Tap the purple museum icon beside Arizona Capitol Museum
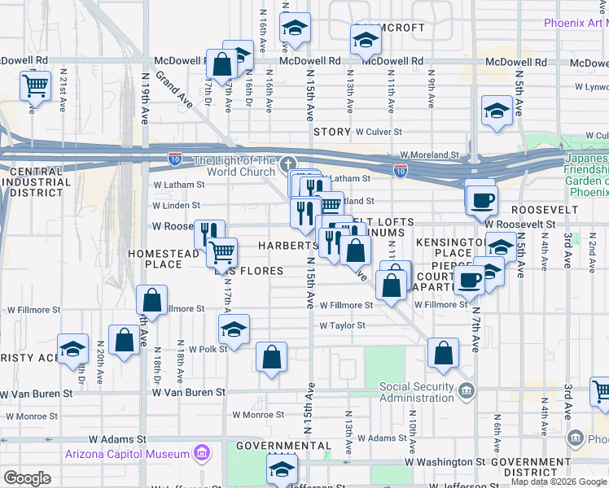200,453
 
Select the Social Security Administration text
416,392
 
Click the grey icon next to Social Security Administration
466,392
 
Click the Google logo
27,478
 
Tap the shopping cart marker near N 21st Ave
35,85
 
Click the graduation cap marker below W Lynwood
497,111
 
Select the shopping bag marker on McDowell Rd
221,63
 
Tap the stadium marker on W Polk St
234,329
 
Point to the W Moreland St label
429,155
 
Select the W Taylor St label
342,325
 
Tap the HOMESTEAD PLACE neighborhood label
164,259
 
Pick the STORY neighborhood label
331,132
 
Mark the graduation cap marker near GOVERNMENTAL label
283,468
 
